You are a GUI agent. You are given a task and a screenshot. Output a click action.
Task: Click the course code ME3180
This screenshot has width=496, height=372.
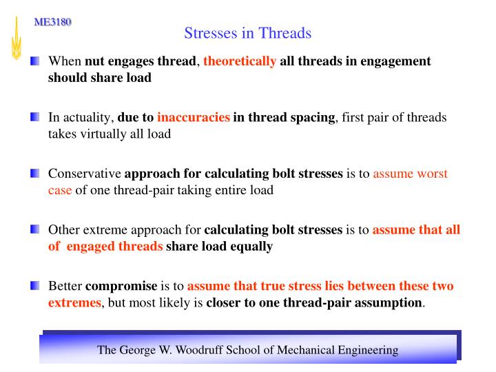[x=53, y=22]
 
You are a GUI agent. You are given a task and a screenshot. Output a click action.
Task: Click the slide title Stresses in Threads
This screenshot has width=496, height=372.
[x=248, y=33]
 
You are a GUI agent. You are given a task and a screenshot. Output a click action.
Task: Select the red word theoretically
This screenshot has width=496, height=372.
[x=240, y=61]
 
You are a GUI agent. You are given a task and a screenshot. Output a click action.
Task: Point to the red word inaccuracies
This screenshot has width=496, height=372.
[x=194, y=117]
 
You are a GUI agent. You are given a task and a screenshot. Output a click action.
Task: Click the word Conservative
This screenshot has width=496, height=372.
[x=85, y=174]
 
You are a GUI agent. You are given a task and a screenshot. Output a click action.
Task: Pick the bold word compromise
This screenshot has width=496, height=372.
[x=121, y=286]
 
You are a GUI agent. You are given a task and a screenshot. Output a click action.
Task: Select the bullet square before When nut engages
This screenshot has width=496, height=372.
[x=35, y=61]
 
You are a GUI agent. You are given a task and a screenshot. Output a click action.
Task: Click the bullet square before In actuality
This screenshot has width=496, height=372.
[x=35, y=117]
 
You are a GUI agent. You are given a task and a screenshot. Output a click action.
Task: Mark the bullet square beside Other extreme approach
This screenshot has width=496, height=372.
[x=35, y=229]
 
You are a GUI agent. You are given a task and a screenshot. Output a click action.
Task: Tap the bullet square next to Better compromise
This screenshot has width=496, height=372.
[x=35, y=286]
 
